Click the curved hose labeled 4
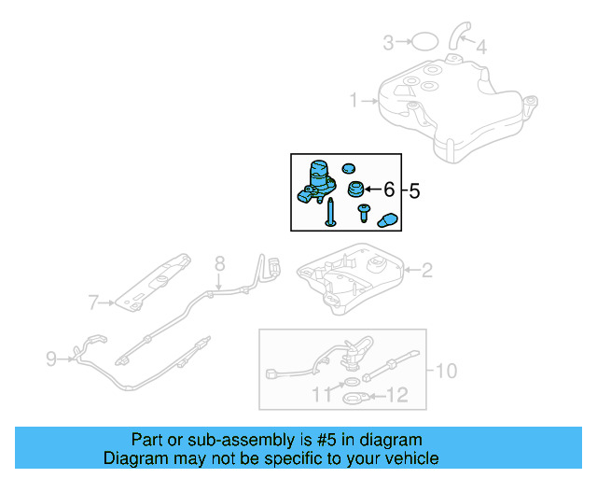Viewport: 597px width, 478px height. point(459,33)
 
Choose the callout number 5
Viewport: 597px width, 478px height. point(415,190)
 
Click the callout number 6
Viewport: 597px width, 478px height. point(389,190)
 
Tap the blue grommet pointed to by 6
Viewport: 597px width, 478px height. point(355,190)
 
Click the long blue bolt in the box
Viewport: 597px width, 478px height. point(329,214)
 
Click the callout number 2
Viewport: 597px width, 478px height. point(427,271)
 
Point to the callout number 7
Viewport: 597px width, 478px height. point(93,302)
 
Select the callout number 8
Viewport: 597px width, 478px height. point(220,262)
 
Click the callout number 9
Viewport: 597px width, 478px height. point(51,356)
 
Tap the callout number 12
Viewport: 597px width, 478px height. point(396,396)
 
